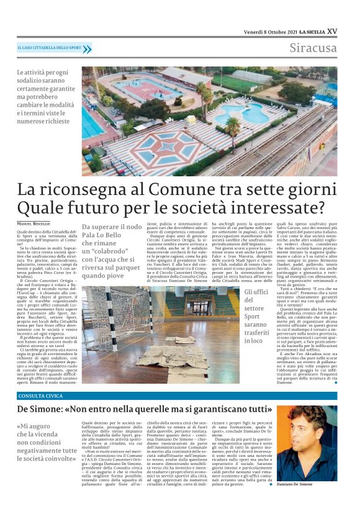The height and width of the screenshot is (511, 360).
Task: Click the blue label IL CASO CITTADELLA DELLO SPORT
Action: pyautogui.click(x=50, y=48)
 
